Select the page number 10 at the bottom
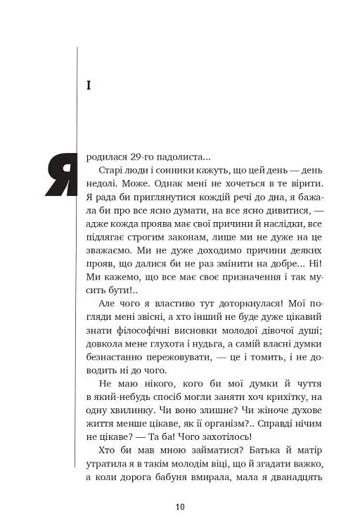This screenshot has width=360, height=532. point(180,507)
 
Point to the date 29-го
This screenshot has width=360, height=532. point(142,159)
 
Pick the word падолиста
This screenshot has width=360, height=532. point(184,159)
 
